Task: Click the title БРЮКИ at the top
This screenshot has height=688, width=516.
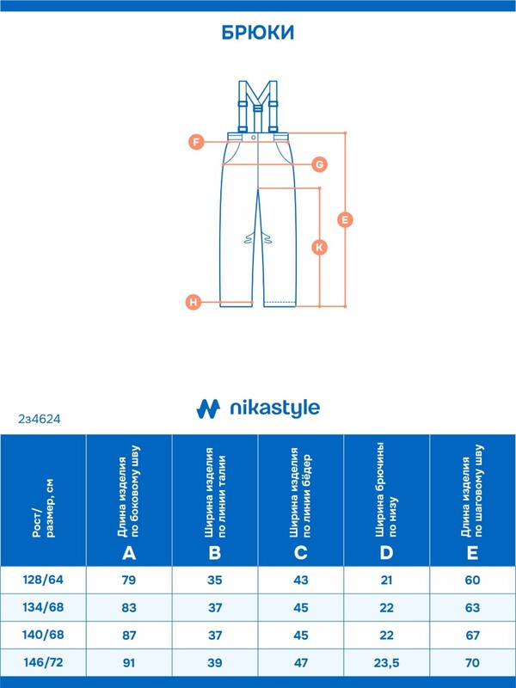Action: click(258, 33)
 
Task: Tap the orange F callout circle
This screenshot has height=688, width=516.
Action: click(196, 142)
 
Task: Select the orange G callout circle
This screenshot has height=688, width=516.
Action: click(319, 164)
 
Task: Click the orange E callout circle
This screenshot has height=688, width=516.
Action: click(345, 219)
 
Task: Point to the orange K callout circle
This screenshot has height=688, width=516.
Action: click(319, 247)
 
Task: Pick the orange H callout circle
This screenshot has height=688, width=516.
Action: click(193, 302)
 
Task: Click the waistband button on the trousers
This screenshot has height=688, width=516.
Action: click(254, 138)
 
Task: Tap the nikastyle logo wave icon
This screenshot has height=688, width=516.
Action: click(208, 408)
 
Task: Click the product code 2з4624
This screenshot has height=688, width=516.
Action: click(40, 419)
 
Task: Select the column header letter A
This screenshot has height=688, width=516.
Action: click(129, 553)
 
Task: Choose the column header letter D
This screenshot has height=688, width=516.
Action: click(386, 553)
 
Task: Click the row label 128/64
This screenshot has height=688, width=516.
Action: click(43, 580)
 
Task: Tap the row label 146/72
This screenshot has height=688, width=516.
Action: click(43, 662)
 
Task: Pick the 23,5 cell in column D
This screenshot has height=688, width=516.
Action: click(386, 662)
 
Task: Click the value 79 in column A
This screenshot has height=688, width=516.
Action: click(129, 580)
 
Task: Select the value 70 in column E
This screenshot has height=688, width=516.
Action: click(472, 662)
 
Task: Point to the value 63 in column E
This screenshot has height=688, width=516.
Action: click(472, 608)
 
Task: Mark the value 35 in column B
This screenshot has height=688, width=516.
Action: click(215, 580)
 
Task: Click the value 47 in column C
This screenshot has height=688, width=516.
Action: click(300, 662)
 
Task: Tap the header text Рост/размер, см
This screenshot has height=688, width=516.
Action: click(44, 508)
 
